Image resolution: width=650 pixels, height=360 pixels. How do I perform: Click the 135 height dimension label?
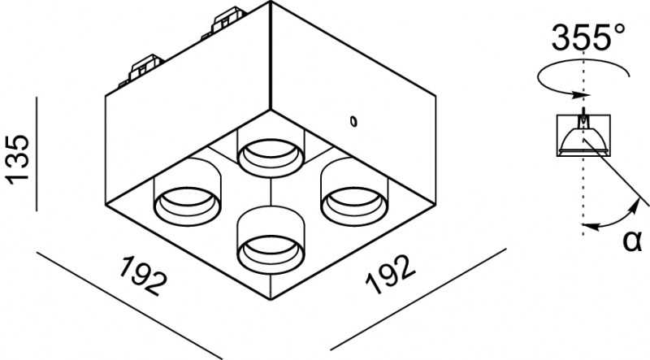pyautogui.click(x=17, y=158)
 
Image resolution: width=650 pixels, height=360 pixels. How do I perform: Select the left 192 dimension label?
pyautogui.click(x=144, y=275)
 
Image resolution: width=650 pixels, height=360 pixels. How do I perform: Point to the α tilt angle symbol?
pyautogui.click(x=632, y=241)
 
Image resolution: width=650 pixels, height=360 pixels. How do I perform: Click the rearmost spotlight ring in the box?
pyautogui.click(x=271, y=158)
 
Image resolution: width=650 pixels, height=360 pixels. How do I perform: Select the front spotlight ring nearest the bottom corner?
pyautogui.click(x=271, y=254)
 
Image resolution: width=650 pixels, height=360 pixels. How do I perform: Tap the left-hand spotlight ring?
pyautogui.click(x=188, y=206)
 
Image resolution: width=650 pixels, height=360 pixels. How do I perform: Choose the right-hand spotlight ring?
pyautogui.click(x=354, y=206)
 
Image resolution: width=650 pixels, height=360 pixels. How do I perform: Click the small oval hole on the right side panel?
pyautogui.click(x=353, y=121)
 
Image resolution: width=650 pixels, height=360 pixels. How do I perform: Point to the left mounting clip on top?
pyautogui.click(x=143, y=69)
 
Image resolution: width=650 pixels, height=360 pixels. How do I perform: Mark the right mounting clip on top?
pyautogui.click(x=226, y=22)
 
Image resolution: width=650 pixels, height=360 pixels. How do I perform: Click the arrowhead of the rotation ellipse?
pyautogui.click(x=580, y=95)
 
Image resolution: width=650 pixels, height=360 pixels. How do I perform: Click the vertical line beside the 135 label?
pyautogui.click(x=37, y=154)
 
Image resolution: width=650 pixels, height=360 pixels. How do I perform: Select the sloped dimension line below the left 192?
pyautogui.click(x=130, y=306)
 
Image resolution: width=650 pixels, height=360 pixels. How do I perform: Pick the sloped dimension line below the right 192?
pyautogui.click(x=418, y=299)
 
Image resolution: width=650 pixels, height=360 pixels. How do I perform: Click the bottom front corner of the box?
pyautogui.click(x=271, y=299)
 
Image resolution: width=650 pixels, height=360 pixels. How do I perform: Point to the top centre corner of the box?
pyautogui.click(x=271, y=2)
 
